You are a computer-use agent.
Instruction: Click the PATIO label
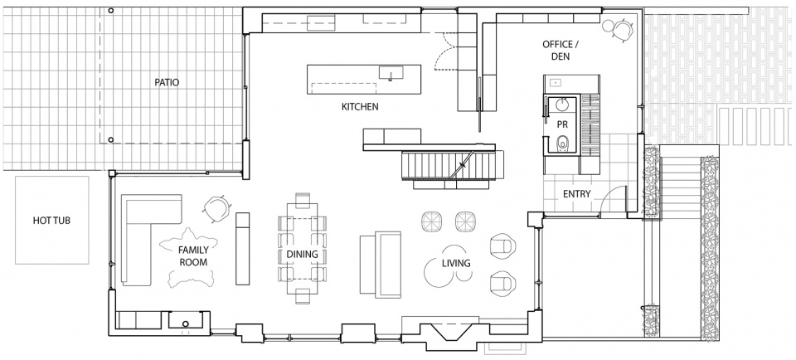click(x=167, y=82)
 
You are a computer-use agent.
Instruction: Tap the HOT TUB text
click(x=51, y=221)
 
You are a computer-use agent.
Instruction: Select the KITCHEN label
click(x=359, y=107)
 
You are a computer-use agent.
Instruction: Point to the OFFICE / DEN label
click(x=561, y=51)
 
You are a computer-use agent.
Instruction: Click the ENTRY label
click(x=577, y=193)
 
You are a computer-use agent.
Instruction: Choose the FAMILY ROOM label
click(x=193, y=256)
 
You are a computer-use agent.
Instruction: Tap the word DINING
click(x=302, y=255)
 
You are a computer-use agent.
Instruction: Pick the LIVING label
click(x=456, y=263)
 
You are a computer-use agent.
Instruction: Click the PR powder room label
click(x=562, y=124)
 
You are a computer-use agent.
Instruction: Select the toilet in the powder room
click(x=562, y=144)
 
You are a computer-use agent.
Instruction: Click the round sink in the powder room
click(x=562, y=105)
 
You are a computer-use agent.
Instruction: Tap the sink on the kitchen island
click(x=391, y=73)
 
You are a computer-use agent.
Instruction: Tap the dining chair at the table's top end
click(x=303, y=198)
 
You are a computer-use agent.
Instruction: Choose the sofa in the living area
click(x=381, y=263)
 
